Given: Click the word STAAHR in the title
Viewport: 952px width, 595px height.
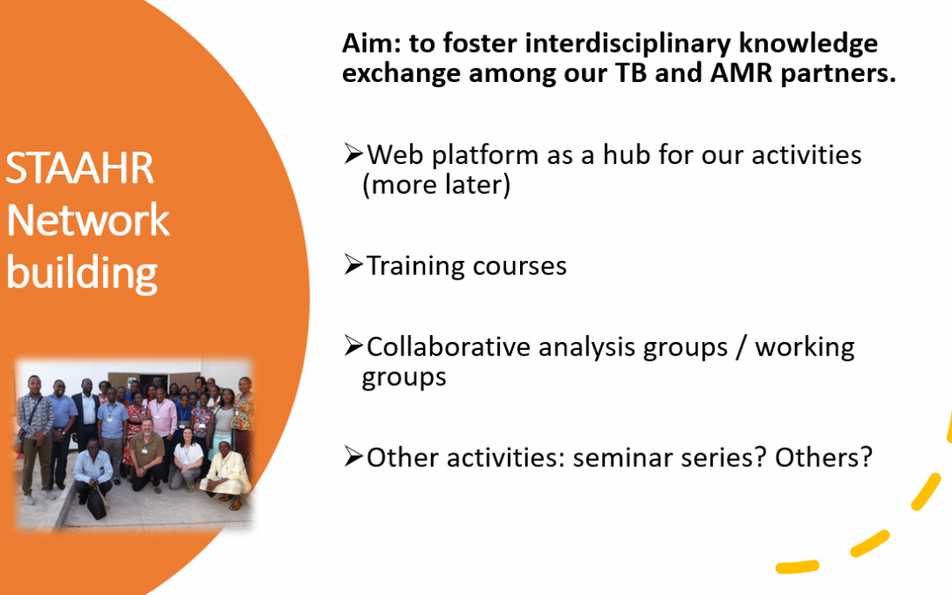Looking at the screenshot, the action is tap(79, 168).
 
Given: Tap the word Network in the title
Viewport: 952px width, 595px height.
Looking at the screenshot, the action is tap(88, 219).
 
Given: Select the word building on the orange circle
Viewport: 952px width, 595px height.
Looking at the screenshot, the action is tap(82, 273).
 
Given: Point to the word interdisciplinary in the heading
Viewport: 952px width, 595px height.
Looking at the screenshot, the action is tap(628, 44).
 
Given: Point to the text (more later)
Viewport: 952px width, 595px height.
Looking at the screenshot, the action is tap(436, 185).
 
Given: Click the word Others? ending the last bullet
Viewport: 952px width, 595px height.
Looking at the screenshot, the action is tap(824, 457).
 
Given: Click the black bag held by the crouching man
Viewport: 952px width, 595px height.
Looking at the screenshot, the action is tap(97, 502).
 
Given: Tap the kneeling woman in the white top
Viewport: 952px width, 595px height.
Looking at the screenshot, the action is tap(187, 457).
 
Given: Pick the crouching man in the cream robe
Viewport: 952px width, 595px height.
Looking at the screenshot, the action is tap(227, 475).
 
